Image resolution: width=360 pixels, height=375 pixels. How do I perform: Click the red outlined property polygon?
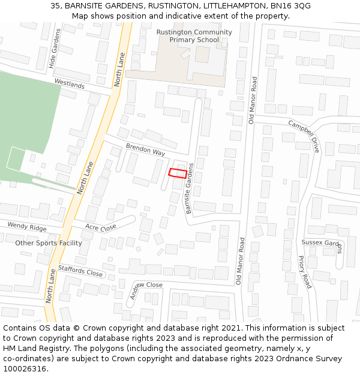coord(177,173)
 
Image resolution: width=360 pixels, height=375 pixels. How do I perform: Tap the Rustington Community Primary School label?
coord(194,36)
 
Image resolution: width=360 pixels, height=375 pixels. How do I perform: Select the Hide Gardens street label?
coord(53,48)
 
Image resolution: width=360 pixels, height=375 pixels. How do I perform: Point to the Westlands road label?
coord(69,84)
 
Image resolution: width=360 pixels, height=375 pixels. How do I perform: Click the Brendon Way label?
coord(145,150)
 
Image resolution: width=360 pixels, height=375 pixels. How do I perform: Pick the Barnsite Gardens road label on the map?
coord(190,188)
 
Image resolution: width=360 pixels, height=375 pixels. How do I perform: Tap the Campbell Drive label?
coord(304,135)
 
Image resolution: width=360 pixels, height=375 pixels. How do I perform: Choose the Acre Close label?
coord(100,227)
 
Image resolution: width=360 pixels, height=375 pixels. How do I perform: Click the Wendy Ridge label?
coord(26,227)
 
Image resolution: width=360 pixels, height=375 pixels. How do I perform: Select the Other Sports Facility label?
coord(49,243)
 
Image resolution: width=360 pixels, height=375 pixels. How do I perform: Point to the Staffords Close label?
coord(80,271)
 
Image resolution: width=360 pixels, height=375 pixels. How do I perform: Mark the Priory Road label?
coord(305,272)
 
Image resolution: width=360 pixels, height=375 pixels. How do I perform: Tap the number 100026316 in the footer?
coord(25,369)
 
